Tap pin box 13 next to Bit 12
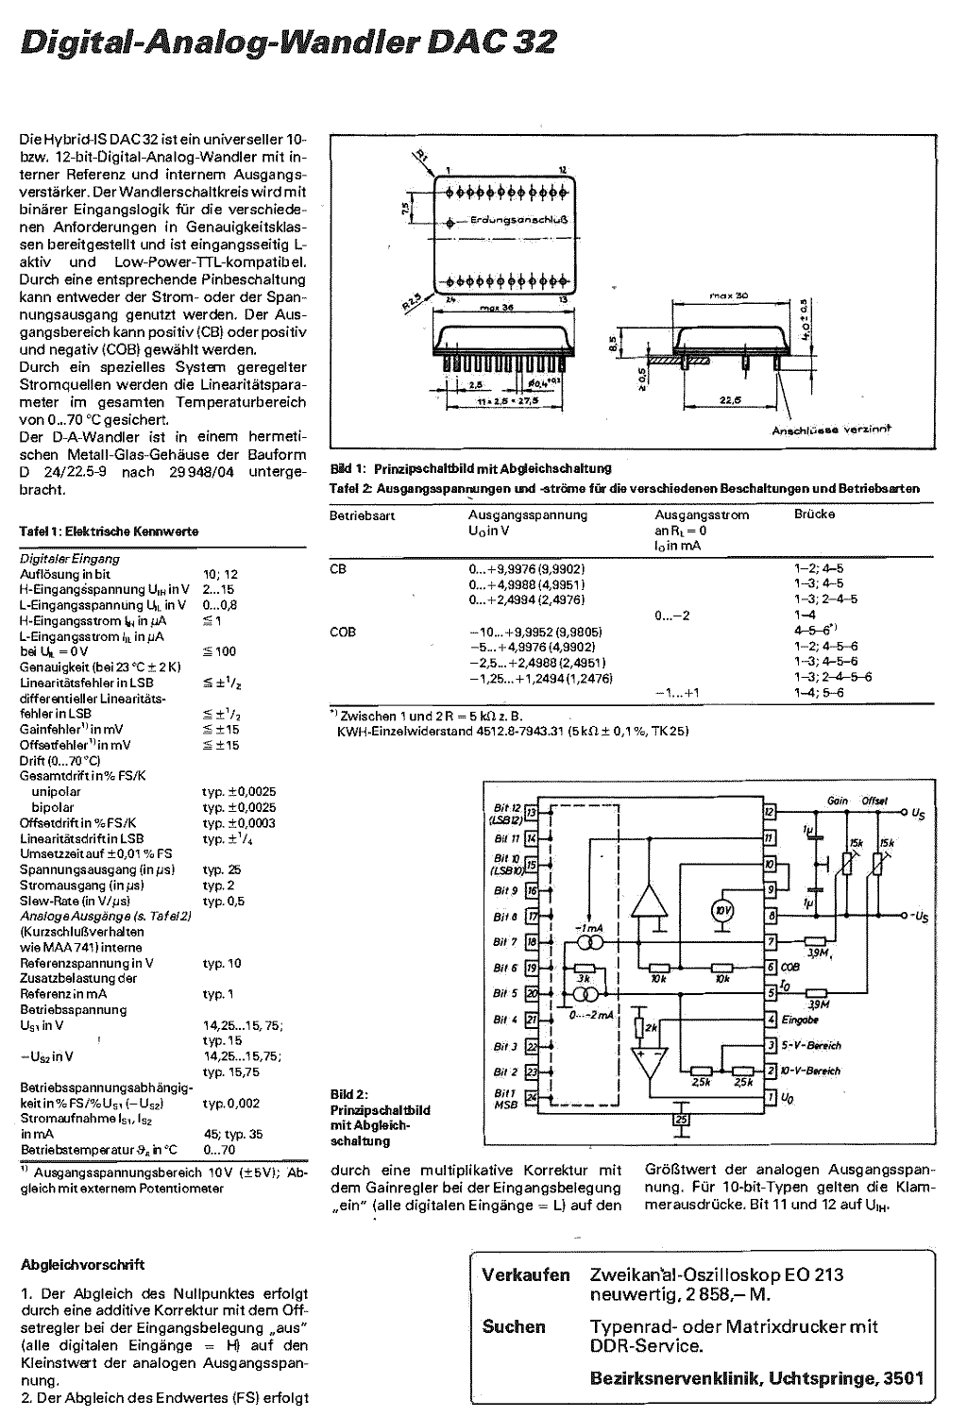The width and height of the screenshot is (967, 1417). coord(532,812)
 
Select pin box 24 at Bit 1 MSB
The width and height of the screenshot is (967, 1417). coord(532,1097)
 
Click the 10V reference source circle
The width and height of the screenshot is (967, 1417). coord(722,910)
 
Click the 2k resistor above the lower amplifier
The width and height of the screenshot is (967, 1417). coord(639,1027)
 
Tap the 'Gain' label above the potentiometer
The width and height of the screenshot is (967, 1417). coord(837,801)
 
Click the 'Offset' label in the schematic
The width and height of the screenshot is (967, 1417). coord(874,801)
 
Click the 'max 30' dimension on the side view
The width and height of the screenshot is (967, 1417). coord(722,295)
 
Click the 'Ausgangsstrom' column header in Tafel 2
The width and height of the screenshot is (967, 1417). coord(702,515)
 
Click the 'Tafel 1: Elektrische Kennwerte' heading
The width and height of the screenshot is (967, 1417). coord(110,531)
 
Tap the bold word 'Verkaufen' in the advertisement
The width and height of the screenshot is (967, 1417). coord(526,1274)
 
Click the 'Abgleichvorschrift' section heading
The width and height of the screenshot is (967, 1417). coord(82,1264)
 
